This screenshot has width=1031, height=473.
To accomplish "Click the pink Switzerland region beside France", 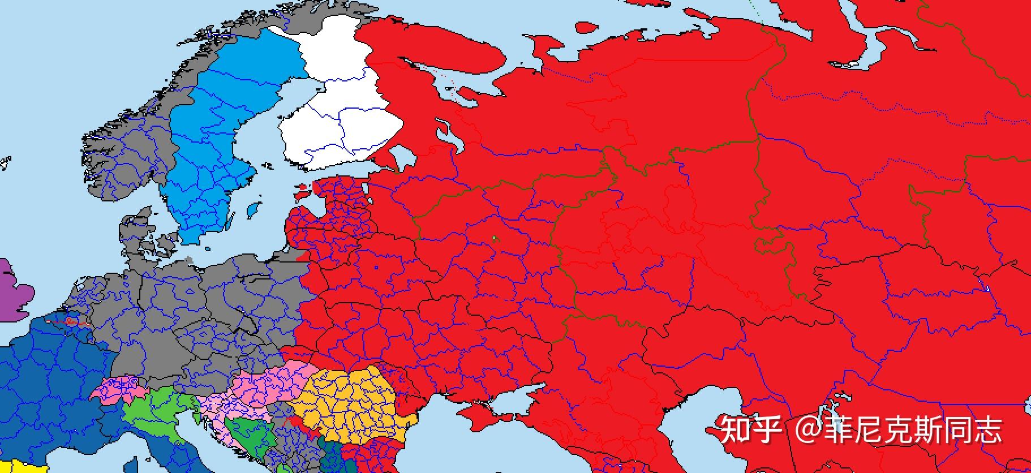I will (116, 390).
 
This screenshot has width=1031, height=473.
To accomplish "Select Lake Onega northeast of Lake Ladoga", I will (447, 136).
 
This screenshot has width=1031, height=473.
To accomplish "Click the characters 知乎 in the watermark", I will (750, 430).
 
